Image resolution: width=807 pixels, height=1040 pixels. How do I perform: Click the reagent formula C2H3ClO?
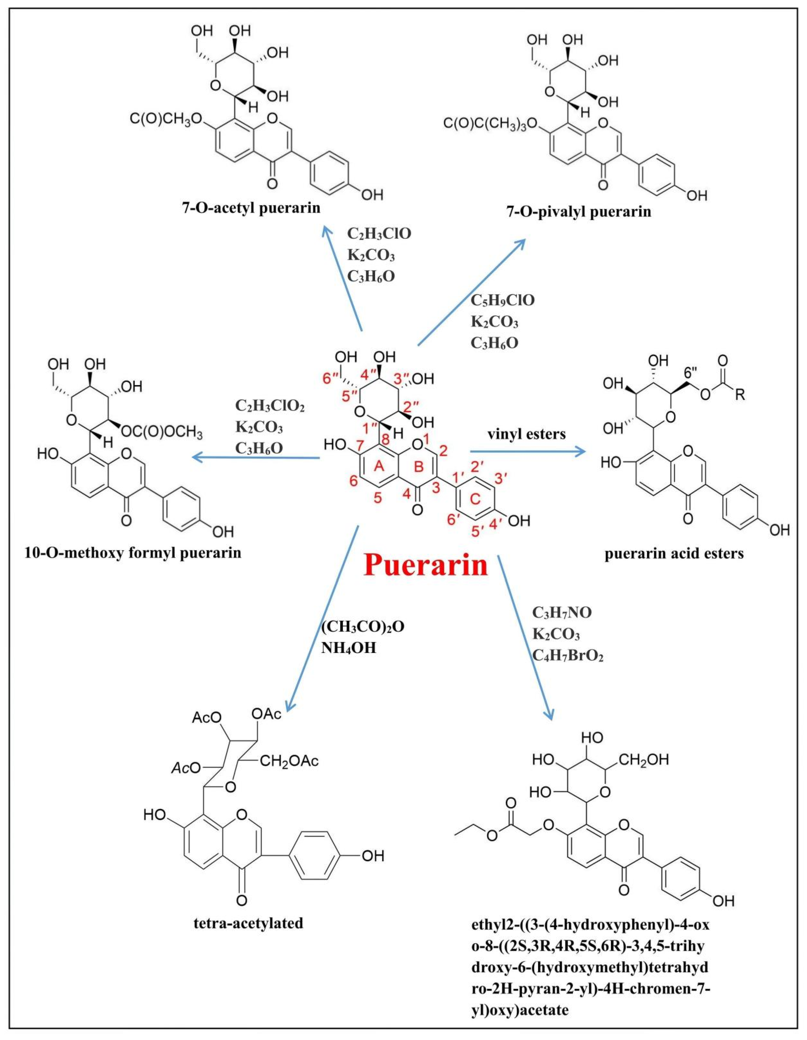pos(379,234)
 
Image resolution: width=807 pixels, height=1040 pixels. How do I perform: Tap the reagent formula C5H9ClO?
pos(503,301)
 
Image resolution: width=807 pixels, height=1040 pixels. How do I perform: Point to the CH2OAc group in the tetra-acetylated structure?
pos(289,761)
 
